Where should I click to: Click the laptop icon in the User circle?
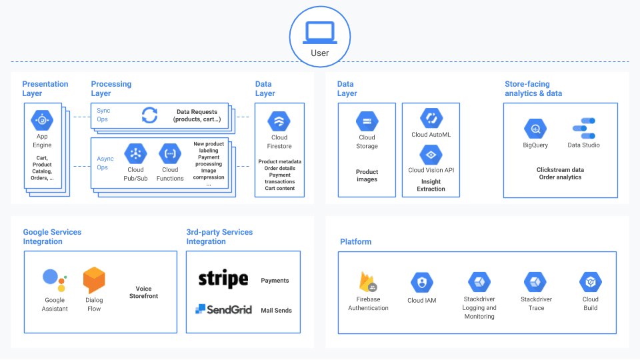pos(319,32)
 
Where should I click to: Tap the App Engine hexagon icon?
pos(42,121)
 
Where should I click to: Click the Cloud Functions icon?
pos(170,153)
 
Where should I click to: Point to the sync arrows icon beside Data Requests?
pos(150,115)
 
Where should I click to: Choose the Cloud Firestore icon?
pos(279,121)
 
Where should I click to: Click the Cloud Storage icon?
pos(367,121)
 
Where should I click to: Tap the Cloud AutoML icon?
pos(431,119)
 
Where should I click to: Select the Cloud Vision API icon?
pos(431,155)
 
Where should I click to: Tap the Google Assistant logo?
pos(54,280)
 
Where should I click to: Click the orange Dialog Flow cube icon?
pos(94,281)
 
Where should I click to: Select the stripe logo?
pos(223,279)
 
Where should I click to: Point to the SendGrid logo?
pos(224,309)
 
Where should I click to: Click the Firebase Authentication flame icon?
pos(368,282)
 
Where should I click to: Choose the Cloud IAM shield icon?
pos(421,283)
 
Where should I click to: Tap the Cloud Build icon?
pos(590,283)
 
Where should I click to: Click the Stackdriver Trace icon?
pos(536,283)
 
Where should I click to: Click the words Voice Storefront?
pos(143,293)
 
